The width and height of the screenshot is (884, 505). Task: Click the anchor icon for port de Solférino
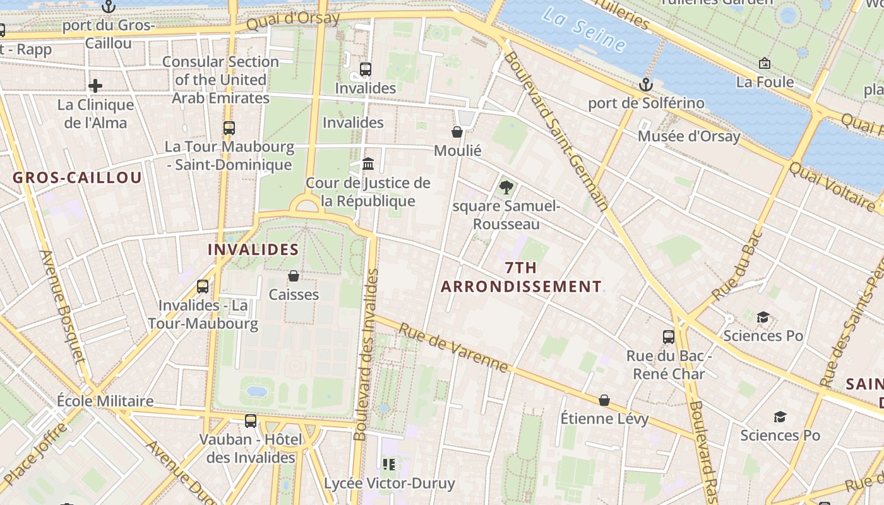[645, 84]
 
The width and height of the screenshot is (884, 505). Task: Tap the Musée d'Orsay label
[689, 136]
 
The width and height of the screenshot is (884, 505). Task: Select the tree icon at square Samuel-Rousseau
[506, 187]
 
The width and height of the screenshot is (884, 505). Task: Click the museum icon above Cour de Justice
[368, 164]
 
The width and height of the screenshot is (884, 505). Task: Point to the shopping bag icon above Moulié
[457, 131]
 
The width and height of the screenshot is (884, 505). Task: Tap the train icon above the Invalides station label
[366, 69]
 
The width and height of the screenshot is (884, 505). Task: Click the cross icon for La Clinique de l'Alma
[95, 85]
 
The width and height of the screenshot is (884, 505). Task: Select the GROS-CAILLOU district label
[78, 177]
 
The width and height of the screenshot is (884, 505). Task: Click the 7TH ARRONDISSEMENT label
[522, 277]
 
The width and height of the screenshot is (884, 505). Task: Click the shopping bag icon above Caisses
[294, 276]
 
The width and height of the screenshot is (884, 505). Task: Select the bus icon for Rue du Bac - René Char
[669, 336]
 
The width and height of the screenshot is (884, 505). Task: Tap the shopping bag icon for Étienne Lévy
[604, 400]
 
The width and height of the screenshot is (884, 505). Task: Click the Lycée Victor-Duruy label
[389, 484]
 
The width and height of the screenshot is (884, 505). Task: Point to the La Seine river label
[584, 30]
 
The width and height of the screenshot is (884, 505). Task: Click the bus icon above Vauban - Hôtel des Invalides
[251, 420]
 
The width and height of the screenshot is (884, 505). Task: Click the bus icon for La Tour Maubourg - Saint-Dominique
[229, 128]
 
